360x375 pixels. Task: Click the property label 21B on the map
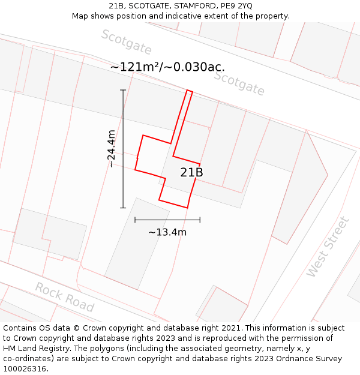pos(191,173)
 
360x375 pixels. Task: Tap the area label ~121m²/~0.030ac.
pos(167,67)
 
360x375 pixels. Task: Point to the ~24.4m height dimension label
pos(112,149)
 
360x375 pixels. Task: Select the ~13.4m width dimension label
pos(167,232)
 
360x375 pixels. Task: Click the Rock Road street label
pos(64,297)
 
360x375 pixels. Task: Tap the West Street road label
pos(328,247)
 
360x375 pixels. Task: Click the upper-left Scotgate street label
pos(126,42)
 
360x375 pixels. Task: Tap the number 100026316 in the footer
pos(25,369)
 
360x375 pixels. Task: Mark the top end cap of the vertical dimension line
pos(123,90)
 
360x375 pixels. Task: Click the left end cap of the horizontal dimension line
pos(135,220)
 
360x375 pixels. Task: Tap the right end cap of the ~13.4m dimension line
pos(200,220)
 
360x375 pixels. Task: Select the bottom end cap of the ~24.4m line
pos(123,208)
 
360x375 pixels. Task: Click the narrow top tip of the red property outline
pos(190,91)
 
